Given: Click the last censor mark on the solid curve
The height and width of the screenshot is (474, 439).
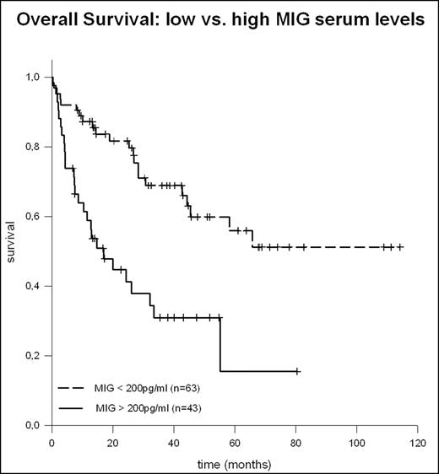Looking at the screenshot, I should tap(296, 371).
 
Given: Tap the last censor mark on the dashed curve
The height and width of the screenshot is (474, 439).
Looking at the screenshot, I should tap(400, 247).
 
